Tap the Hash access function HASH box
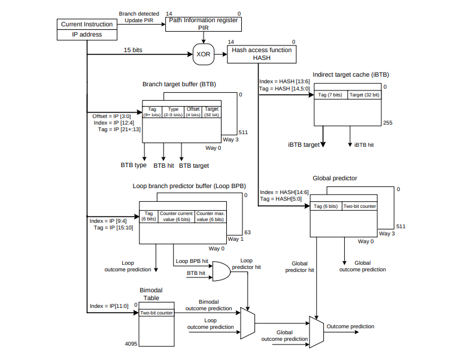pyautogui.click(x=262, y=54)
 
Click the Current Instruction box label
pyautogui.click(x=87, y=24)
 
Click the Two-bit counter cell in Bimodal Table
pyautogui.click(x=156, y=312)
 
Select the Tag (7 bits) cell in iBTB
pyautogui.click(x=330, y=95)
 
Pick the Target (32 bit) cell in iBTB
pyautogui.click(x=364, y=95)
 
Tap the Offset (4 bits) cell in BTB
pyautogui.click(x=193, y=111)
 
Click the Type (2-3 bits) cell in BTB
pyautogui.click(x=173, y=111)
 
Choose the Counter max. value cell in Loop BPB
pyautogui.click(x=210, y=216)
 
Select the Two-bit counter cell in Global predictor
pyautogui.click(x=360, y=207)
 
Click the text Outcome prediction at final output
pyautogui.click(x=350, y=326)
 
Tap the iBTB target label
pyautogui.click(x=304, y=145)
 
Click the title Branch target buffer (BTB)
pyautogui.click(x=179, y=85)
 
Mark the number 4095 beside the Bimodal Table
pyautogui.click(x=132, y=344)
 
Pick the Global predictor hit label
pyautogui.click(x=303, y=267)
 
